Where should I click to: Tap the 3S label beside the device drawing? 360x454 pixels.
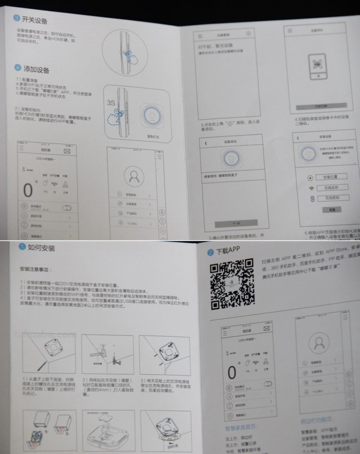pyautogui.click(x=112, y=103)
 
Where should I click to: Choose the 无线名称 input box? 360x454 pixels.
pyautogui.click(x=327, y=187)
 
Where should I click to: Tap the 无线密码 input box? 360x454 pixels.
pyautogui.click(x=328, y=198)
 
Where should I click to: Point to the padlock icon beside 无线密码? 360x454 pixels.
pyautogui.click(x=310, y=199)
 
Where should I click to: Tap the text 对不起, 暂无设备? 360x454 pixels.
pyautogui.click(x=211, y=46)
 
